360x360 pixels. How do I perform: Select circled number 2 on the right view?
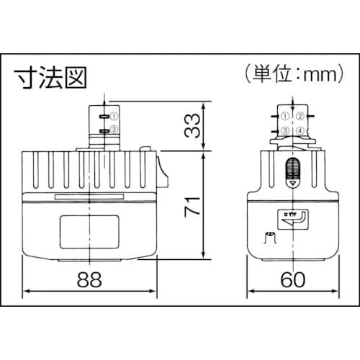302,115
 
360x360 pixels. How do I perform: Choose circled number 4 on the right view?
302,130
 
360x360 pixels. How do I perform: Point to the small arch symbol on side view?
270,237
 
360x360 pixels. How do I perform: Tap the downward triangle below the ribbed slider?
292,184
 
